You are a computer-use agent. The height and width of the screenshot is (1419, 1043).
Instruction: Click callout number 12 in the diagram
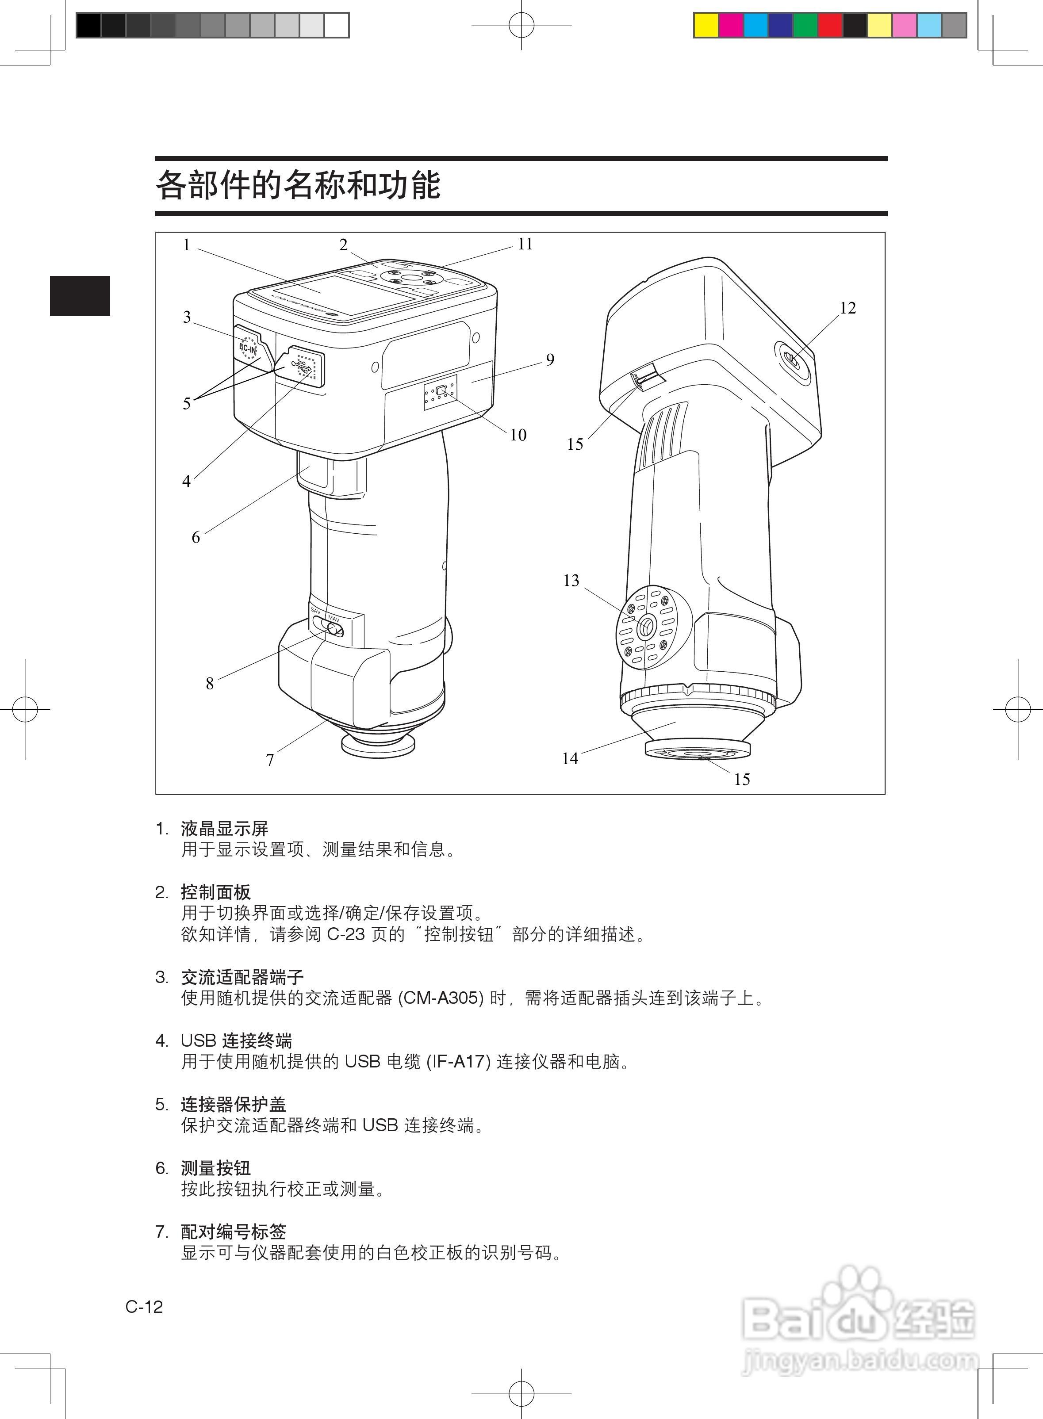[847, 308]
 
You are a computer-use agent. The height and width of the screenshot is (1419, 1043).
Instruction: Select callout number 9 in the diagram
[550, 360]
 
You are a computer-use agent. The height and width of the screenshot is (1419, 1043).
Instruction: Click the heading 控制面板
[216, 892]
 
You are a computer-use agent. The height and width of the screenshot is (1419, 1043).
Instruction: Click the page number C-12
[144, 1307]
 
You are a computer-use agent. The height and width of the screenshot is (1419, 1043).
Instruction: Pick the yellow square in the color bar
[706, 25]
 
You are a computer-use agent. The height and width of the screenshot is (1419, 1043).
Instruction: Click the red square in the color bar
[830, 25]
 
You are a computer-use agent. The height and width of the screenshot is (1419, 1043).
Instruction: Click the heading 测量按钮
[216, 1168]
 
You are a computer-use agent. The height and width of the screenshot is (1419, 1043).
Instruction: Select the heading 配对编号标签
[234, 1232]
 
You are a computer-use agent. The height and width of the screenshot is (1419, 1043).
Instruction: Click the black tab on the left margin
[80, 295]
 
